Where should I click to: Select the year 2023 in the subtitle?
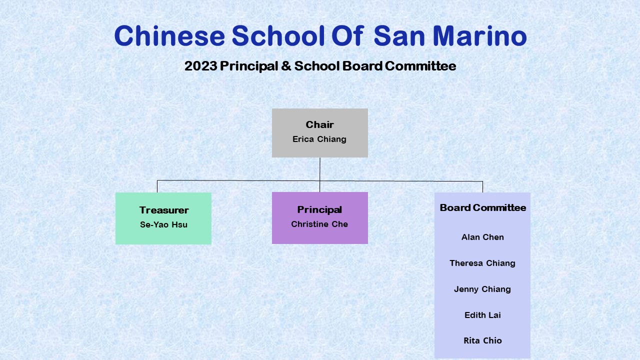pos(200,66)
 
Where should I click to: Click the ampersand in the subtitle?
pos(286,66)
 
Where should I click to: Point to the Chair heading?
pos(319,124)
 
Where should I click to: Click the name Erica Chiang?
pos(319,139)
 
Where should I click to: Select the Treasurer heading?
pos(164,210)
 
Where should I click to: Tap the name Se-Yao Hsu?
pos(163,224)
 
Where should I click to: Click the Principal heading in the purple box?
pos(319,210)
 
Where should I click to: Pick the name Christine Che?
pos(319,224)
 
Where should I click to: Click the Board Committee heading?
pos(483,207)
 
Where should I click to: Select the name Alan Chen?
pos(482,237)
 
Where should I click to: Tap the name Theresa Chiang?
pos(482,263)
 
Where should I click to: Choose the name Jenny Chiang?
pos(482,289)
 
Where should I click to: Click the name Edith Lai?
pos(482,315)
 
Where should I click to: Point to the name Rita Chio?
pos(482,340)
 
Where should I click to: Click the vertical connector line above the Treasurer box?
pos(157,186)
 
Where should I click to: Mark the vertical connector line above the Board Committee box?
pos(482,187)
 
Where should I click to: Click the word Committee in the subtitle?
pos(420,66)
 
